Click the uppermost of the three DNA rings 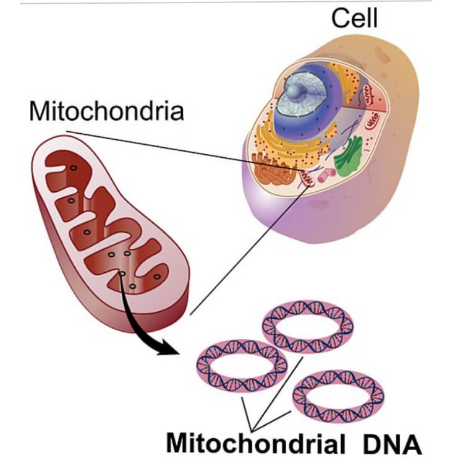coord(307,326)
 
